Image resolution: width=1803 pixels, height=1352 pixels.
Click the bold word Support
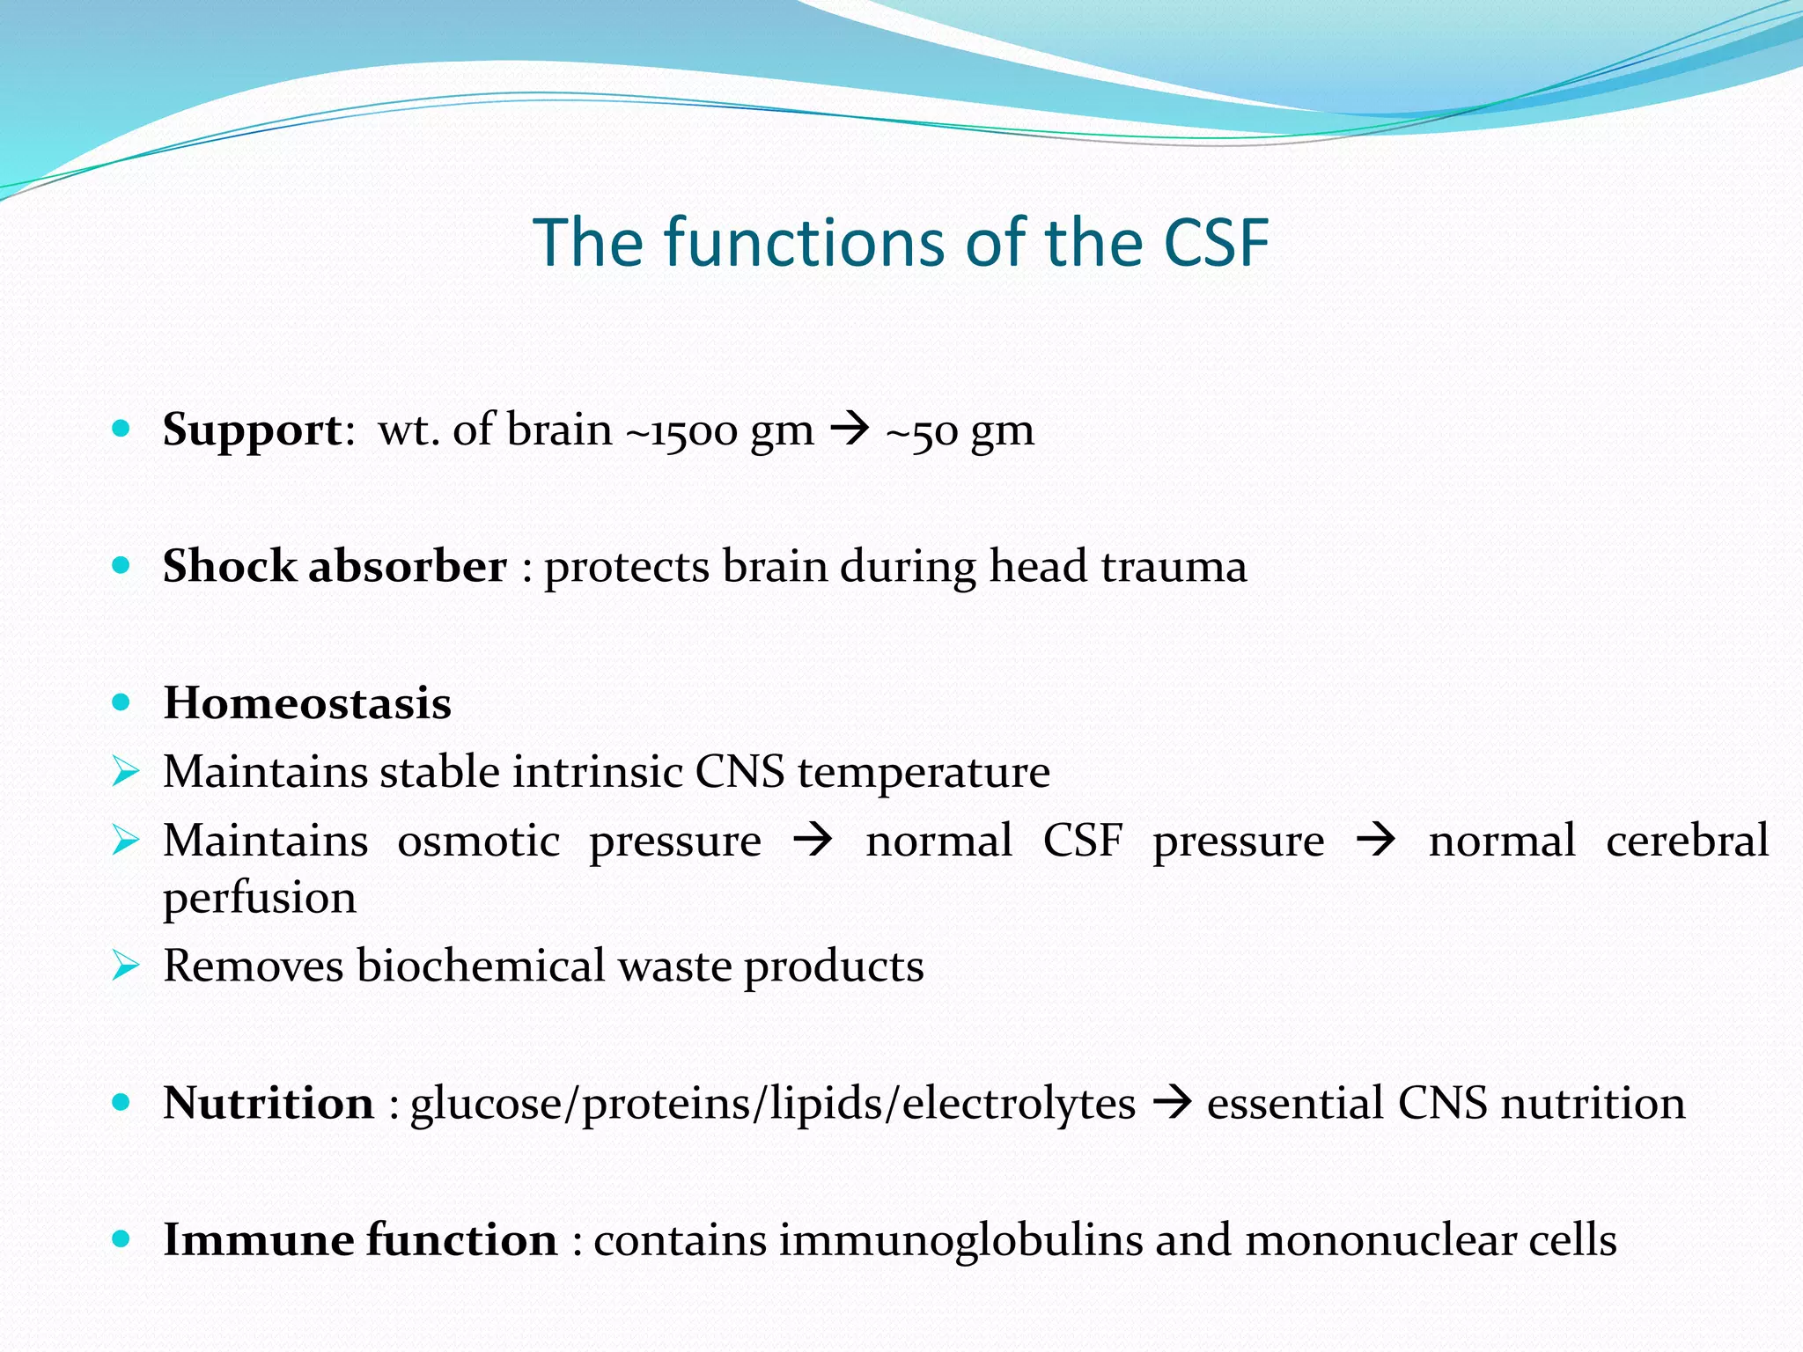[x=252, y=431]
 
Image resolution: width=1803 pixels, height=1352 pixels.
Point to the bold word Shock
[x=229, y=566]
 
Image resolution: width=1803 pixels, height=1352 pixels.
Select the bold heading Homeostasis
[x=307, y=703]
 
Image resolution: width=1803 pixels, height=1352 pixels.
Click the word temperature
[x=924, y=773]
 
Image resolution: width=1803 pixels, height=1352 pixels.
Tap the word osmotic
[x=478, y=841]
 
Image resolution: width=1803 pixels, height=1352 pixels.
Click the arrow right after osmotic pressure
[x=812, y=840]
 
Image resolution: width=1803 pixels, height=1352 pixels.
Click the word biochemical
[x=481, y=966]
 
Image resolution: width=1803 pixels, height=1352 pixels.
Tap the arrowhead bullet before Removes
[x=126, y=966]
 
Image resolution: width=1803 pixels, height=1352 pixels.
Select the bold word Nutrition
[x=269, y=1103]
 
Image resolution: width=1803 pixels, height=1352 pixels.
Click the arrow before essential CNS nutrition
[x=1172, y=1102]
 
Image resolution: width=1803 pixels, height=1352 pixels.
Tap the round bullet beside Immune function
[x=121, y=1239]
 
